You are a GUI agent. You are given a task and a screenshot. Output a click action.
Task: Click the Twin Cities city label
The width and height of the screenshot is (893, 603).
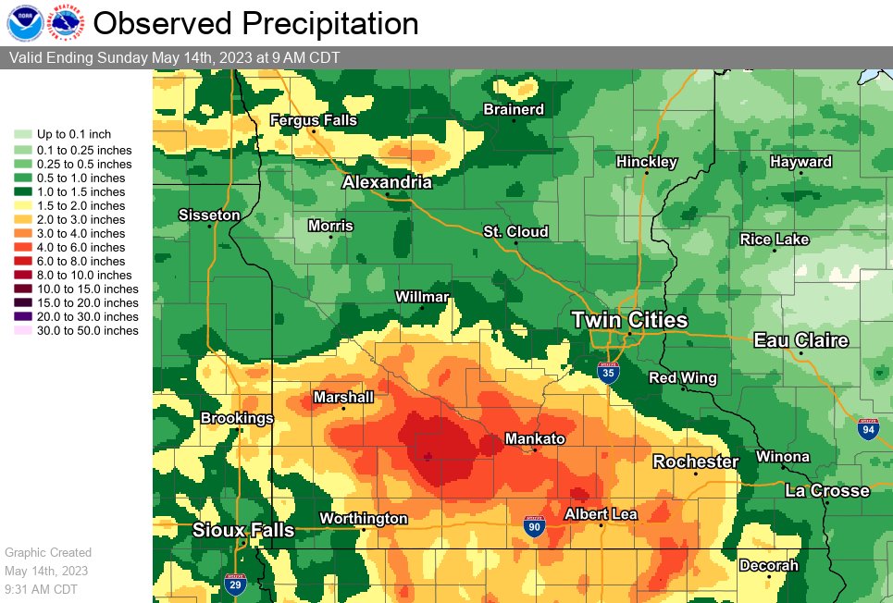pos(629,320)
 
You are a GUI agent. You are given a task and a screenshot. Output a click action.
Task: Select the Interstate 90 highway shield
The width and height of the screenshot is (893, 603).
pos(534,526)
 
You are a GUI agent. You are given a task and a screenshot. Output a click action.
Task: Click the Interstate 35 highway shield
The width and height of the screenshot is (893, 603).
pos(608,372)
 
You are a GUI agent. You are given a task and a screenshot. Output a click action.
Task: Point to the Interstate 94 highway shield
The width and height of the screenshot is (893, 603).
pos(867,428)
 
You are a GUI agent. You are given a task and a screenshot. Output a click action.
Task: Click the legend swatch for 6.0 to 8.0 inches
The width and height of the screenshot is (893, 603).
pos(22,262)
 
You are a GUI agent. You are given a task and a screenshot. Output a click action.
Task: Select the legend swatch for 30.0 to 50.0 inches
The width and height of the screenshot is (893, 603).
pos(22,331)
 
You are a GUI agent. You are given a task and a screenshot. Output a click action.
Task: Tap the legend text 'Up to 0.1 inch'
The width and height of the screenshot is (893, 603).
pos(73,135)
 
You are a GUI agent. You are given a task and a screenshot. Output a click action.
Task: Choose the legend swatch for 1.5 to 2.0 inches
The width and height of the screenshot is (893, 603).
pos(22,206)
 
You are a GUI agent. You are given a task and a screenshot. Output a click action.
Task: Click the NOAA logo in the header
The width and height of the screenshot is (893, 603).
pos(23,23)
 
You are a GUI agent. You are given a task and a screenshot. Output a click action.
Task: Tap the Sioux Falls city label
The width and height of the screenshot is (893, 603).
pos(243,531)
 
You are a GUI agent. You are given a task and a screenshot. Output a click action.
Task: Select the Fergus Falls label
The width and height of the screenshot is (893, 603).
pos(313,120)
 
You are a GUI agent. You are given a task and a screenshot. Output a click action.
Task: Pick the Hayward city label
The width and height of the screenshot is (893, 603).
pos(800,162)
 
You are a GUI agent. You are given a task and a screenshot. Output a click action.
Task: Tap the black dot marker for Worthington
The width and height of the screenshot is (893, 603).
pos(363,529)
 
